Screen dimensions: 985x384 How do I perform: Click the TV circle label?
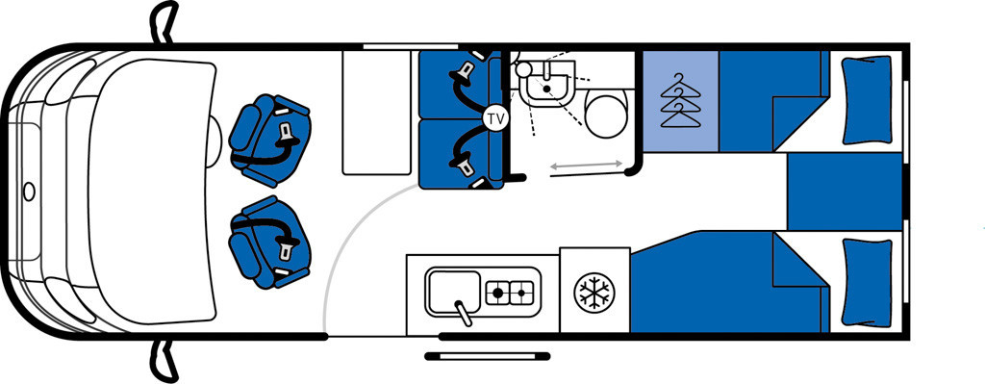(x=495, y=118)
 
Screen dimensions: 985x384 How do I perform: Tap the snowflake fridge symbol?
(x=594, y=291)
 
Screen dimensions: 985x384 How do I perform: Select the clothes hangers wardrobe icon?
(x=680, y=100)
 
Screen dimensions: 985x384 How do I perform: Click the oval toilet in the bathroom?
(x=606, y=113)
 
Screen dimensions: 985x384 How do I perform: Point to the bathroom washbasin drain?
(x=547, y=90)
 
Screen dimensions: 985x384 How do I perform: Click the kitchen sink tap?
(x=464, y=313)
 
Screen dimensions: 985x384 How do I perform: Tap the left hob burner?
(x=497, y=293)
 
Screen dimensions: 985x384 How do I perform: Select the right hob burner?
(x=521, y=293)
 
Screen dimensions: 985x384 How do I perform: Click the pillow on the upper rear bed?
(x=867, y=100)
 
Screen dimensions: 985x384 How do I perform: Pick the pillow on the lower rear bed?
(x=867, y=282)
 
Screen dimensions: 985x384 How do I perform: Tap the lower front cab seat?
(x=270, y=242)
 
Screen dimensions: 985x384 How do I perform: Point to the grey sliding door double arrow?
(x=587, y=166)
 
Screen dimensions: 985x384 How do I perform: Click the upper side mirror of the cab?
(x=164, y=21)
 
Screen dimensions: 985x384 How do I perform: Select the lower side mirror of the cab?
(x=162, y=362)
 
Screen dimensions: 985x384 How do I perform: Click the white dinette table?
(x=376, y=113)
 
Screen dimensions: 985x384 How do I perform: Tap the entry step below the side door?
(x=488, y=356)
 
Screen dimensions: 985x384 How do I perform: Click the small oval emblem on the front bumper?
(x=29, y=192)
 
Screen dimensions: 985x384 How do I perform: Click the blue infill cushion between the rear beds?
(x=845, y=192)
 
